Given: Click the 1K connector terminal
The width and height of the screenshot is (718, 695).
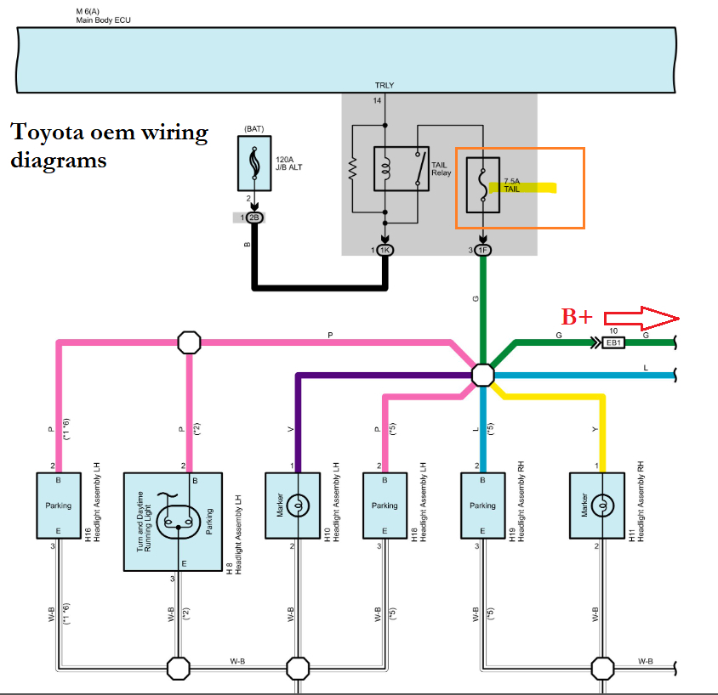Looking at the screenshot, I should pyautogui.click(x=385, y=250).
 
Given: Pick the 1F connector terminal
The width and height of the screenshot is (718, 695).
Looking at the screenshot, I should pyautogui.click(x=483, y=250).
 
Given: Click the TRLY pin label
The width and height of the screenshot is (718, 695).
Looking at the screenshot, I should pyautogui.click(x=385, y=86).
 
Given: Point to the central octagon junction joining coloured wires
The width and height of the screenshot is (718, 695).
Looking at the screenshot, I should pyautogui.click(x=482, y=375).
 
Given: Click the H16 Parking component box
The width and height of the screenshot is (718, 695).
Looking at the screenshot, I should pyautogui.click(x=58, y=505).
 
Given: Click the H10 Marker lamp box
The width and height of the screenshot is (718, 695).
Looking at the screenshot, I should pyautogui.click(x=293, y=506).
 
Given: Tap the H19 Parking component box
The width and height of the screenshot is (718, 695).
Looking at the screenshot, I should pyautogui.click(x=482, y=505).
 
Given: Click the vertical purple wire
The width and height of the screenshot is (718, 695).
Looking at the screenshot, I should pyautogui.click(x=296, y=421).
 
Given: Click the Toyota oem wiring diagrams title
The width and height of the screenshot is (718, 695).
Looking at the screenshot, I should pyautogui.click(x=109, y=146).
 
